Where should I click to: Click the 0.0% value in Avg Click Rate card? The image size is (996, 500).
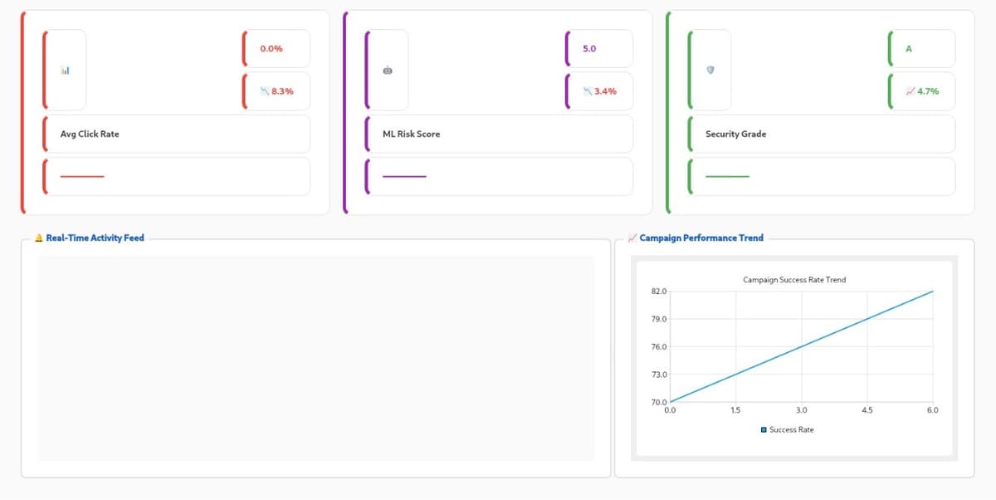coord(271,49)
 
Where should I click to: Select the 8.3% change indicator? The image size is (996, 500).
coord(277,91)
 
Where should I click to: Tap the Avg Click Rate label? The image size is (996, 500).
coord(90,134)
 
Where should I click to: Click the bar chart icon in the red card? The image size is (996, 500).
coord(65,70)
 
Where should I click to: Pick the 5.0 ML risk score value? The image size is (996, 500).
coord(589,49)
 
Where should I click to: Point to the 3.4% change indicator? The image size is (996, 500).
coord(600,91)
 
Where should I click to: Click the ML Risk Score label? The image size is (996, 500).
coord(411,134)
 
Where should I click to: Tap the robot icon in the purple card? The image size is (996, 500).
coord(388,70)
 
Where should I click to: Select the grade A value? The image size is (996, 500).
coord(908,49)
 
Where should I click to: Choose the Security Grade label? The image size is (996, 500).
coord(735,134)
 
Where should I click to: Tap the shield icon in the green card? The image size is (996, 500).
coord(710,70)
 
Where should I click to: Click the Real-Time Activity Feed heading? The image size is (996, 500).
coord(95,238)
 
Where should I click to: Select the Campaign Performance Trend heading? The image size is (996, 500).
coord(701,238)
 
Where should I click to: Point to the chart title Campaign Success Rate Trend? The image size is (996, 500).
coord(794,280)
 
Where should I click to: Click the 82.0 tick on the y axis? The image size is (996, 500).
coord(659,292)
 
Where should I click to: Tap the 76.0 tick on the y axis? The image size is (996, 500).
coord(659,347)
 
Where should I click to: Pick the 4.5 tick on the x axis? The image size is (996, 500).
coord(867,410)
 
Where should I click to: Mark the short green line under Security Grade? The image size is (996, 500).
coord(727,176)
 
